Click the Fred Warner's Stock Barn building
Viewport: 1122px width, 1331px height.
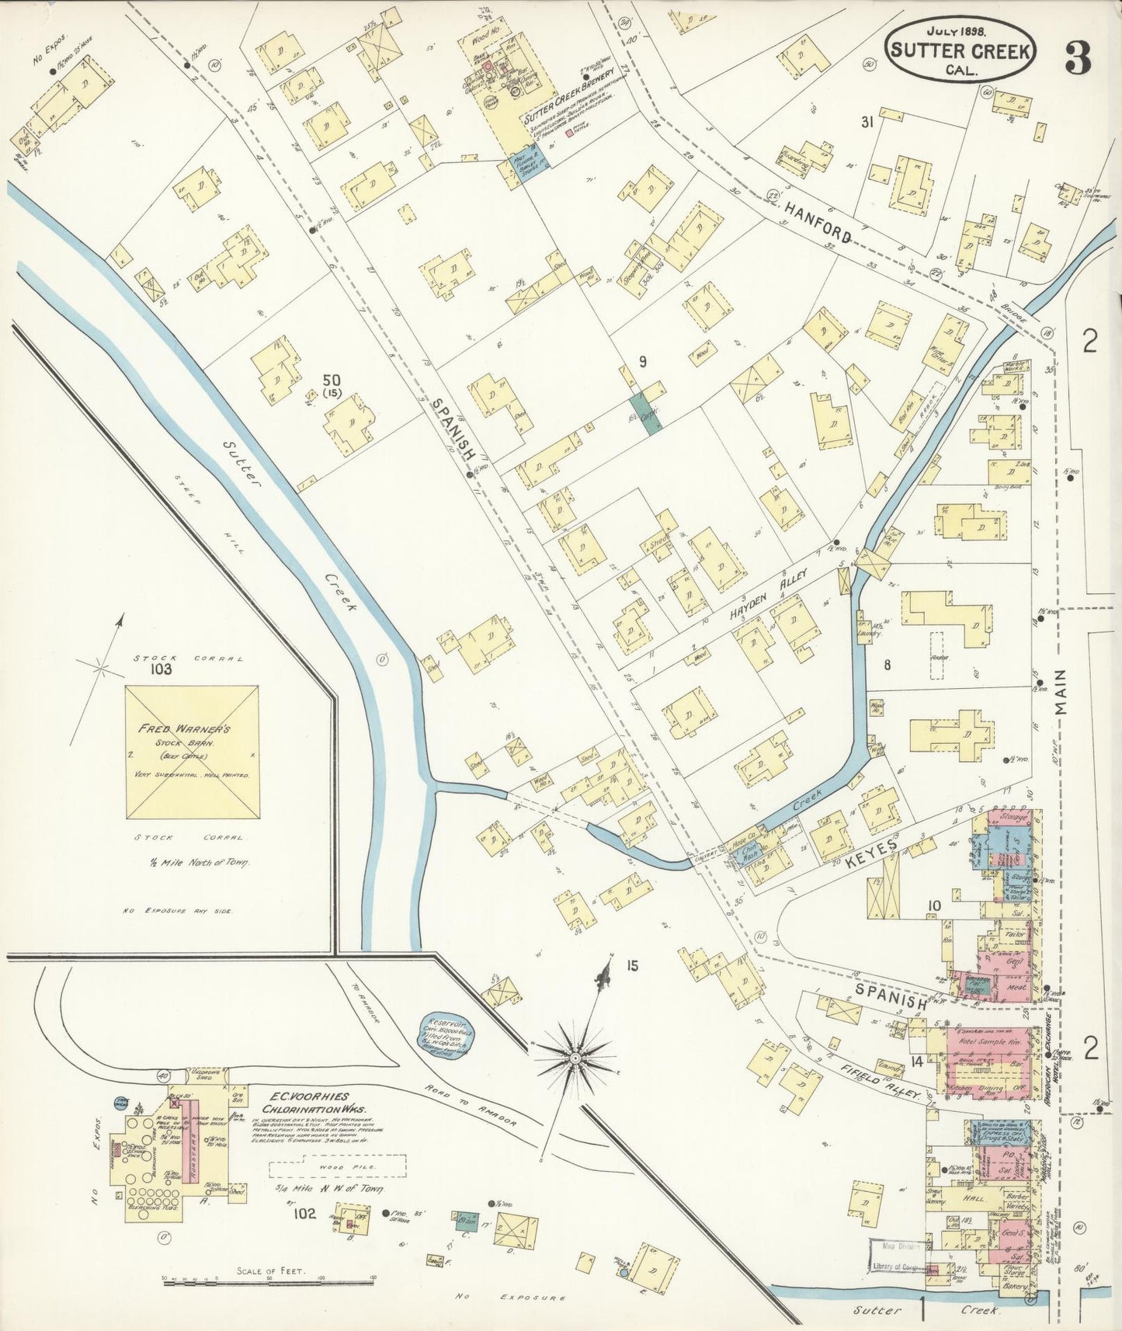[x=192, y=752]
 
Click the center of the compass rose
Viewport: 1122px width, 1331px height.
[x=575, y=1058]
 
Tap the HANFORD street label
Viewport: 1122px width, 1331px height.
[x=818, y=222]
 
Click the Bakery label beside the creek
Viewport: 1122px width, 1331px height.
[x=1016, y=1286]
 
